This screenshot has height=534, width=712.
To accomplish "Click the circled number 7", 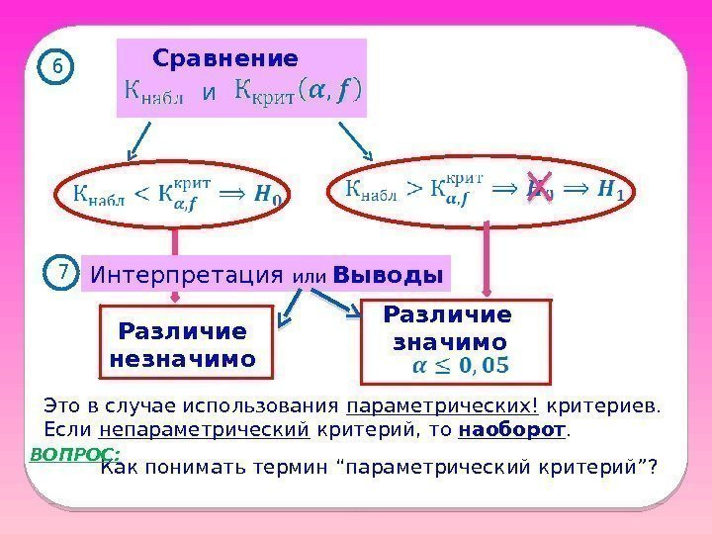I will tap(61, 270).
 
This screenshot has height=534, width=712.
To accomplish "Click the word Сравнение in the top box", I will tap(224, 57).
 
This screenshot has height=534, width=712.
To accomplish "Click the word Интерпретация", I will tap(189, 274).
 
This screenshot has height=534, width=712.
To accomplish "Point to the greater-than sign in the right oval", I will tap(418, 189).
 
